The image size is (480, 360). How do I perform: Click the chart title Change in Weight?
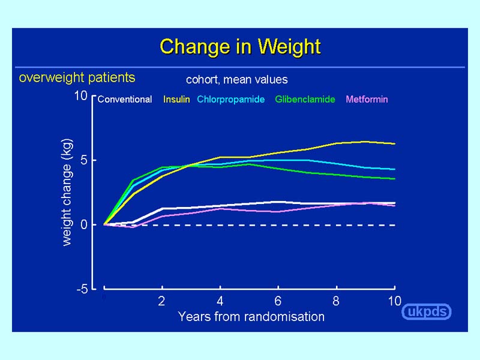click(240, 47)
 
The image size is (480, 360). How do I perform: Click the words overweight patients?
click(77, 77)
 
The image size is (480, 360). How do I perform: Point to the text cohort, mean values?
click(236, 79)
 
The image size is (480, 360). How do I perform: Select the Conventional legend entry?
click(124, 100)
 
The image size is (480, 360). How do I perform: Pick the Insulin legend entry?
click(176, 100)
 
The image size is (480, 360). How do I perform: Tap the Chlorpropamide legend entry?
click(231, 100)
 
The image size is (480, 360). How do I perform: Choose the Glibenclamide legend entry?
click(305, 100)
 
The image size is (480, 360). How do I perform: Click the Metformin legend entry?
click(367, 100)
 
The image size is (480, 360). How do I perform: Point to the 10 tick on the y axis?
click(81, 96)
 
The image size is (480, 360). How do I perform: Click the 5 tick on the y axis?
click(84, 160)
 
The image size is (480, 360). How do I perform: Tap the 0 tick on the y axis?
click(84, 224)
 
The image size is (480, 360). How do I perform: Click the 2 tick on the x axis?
click(162, 301)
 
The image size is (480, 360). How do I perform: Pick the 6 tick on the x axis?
click(278, 301)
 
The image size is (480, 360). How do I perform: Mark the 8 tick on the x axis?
click(336, 301)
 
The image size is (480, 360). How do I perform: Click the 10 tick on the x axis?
click(394, 301)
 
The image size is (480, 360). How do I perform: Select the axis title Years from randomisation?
click(251, 316)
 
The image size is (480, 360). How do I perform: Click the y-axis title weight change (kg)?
click(67, 192)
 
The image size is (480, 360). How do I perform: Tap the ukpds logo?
click(426, 312)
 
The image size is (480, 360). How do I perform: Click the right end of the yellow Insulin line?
click(394, 144)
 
